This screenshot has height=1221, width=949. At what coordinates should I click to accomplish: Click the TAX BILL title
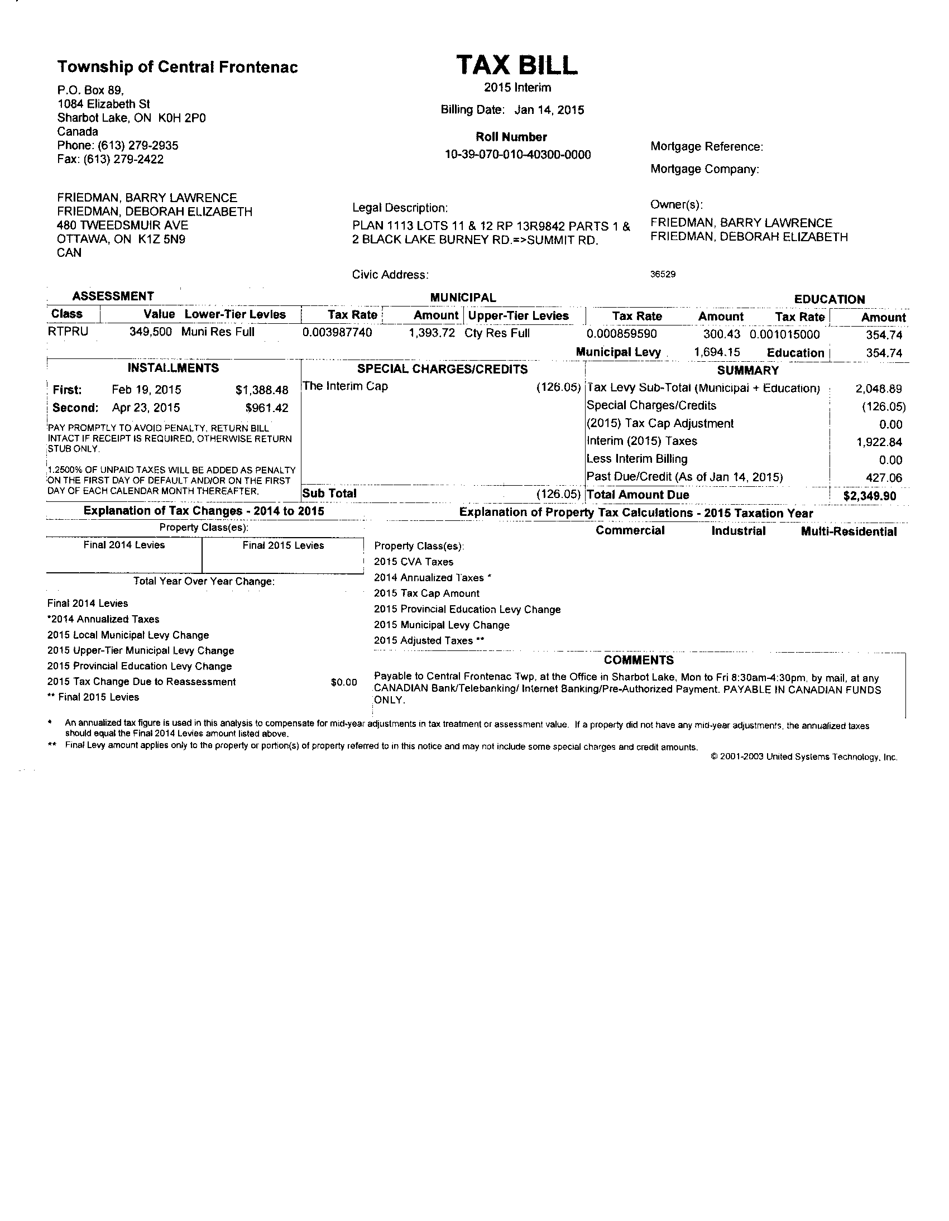click(516, 65)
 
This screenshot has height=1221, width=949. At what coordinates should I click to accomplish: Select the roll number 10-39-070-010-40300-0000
click(517, 155)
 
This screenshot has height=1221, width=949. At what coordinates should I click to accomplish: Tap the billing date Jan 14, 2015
click(549, 110)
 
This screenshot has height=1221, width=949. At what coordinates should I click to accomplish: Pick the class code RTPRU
click(68, 332)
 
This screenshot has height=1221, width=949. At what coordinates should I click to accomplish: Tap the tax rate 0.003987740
click(337, 333)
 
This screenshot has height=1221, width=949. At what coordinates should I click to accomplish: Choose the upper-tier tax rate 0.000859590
click(621, 334)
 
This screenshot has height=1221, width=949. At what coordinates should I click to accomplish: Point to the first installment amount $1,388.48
click(262, 390)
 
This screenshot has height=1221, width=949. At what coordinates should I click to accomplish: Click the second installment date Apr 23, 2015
click(146, 408)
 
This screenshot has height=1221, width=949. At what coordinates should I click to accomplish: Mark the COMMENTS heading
click(638, 660)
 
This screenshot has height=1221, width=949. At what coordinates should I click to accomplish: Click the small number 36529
click(663, 275)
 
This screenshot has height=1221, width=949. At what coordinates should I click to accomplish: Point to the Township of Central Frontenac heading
click(177, 68)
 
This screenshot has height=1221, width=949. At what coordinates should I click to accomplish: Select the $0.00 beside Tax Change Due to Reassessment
click(344, 682)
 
